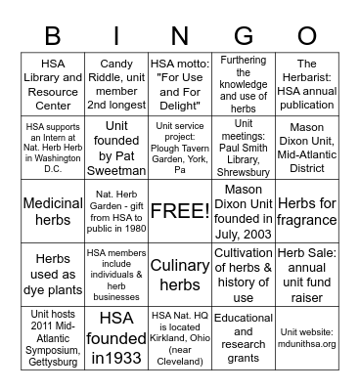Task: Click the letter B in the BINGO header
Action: [x=54, y=37]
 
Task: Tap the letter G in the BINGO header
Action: [x=243, y=37]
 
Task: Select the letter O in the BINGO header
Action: [x=306, y=37]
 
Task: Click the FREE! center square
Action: [x=179, y=210]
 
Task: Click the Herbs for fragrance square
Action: [x=306, y=210]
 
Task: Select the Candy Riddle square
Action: [x=116, y=85]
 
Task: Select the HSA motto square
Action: [x=179, y=85]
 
